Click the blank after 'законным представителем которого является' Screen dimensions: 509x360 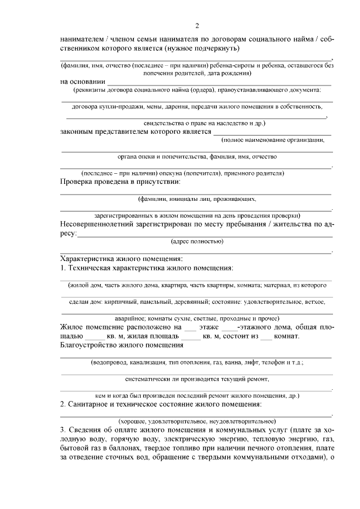(271, 133)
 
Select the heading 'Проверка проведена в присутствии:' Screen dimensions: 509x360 (120, 182)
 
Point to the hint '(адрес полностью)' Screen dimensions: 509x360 (197, 242)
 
